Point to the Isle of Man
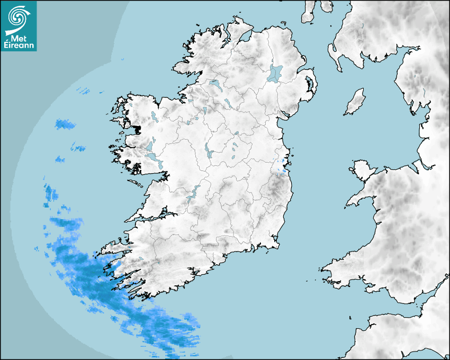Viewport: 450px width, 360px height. coord(355,102)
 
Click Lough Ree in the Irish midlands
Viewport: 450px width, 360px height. coord(208,151)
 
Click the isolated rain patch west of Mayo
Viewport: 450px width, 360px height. coord(65,125)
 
